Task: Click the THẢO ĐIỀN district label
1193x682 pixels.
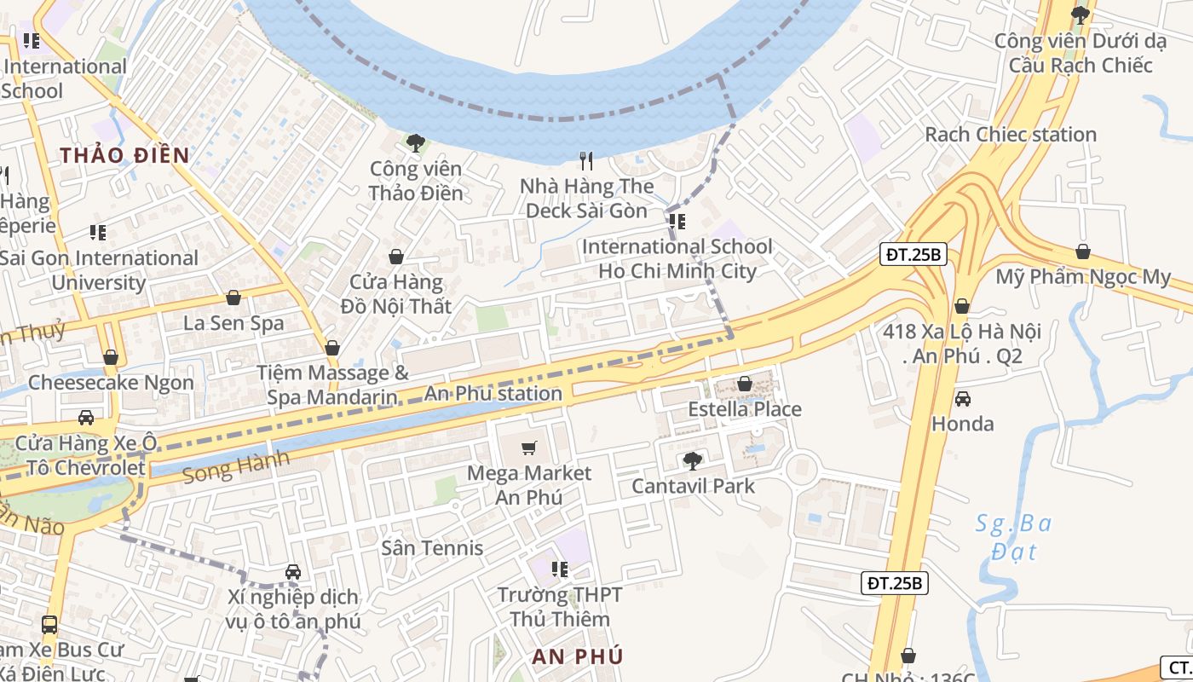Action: pos(124,155)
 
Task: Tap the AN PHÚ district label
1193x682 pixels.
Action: pos(577,656)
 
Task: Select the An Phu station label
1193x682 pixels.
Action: pos(493,394)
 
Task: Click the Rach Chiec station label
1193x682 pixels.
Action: pos(1011,135)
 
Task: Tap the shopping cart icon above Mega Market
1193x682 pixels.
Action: pos(529,448)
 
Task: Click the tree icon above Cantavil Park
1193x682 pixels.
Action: pos(693,461)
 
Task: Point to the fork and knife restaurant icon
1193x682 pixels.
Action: pos(586,161)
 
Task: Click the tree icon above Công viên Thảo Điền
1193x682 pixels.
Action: pos(416,143)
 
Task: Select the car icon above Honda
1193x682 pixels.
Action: pos(962,398)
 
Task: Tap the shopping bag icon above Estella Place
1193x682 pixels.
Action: pos(745,384)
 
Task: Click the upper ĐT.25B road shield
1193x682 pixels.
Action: pos(913,254)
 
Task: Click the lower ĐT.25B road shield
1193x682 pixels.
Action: pos(894,583)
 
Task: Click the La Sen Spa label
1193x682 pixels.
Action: pos(233,323)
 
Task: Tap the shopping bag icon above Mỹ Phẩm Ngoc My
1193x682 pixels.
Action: pos(1082,251)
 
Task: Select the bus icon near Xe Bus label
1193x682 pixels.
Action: pos(49,625)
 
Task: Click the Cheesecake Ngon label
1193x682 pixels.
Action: pos(111,382)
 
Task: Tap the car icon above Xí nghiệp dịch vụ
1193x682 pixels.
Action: pos(293,572)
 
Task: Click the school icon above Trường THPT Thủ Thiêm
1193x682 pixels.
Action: pos(559,569)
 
